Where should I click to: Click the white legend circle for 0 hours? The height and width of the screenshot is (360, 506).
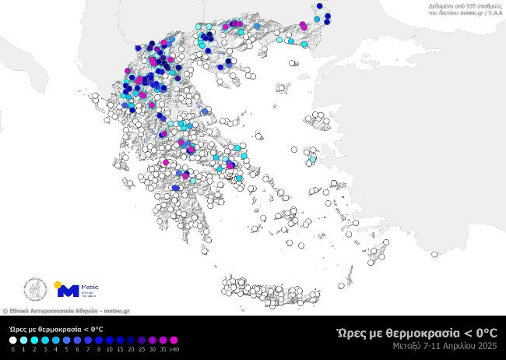pyautogui.click(x=12, y=341)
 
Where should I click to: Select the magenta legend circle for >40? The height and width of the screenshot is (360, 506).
pyautogui.click(x=174, y=341)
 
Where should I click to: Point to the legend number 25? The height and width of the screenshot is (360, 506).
pyautogui.click(x=139, y=350)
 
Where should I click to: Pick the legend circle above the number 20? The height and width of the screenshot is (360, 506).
pyautogui.click(x=127, y=341)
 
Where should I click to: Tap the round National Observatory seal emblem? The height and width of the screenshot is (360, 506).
pyautogui.click(x=34, y=291)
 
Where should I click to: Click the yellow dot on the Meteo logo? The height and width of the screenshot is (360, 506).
pyautogui.click(x=58, y=284)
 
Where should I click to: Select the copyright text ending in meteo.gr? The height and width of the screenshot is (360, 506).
pyautogui.click(x=66, y=311)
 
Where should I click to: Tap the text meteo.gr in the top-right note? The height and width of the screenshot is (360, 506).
pyautogui.click(x=463, y=13)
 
